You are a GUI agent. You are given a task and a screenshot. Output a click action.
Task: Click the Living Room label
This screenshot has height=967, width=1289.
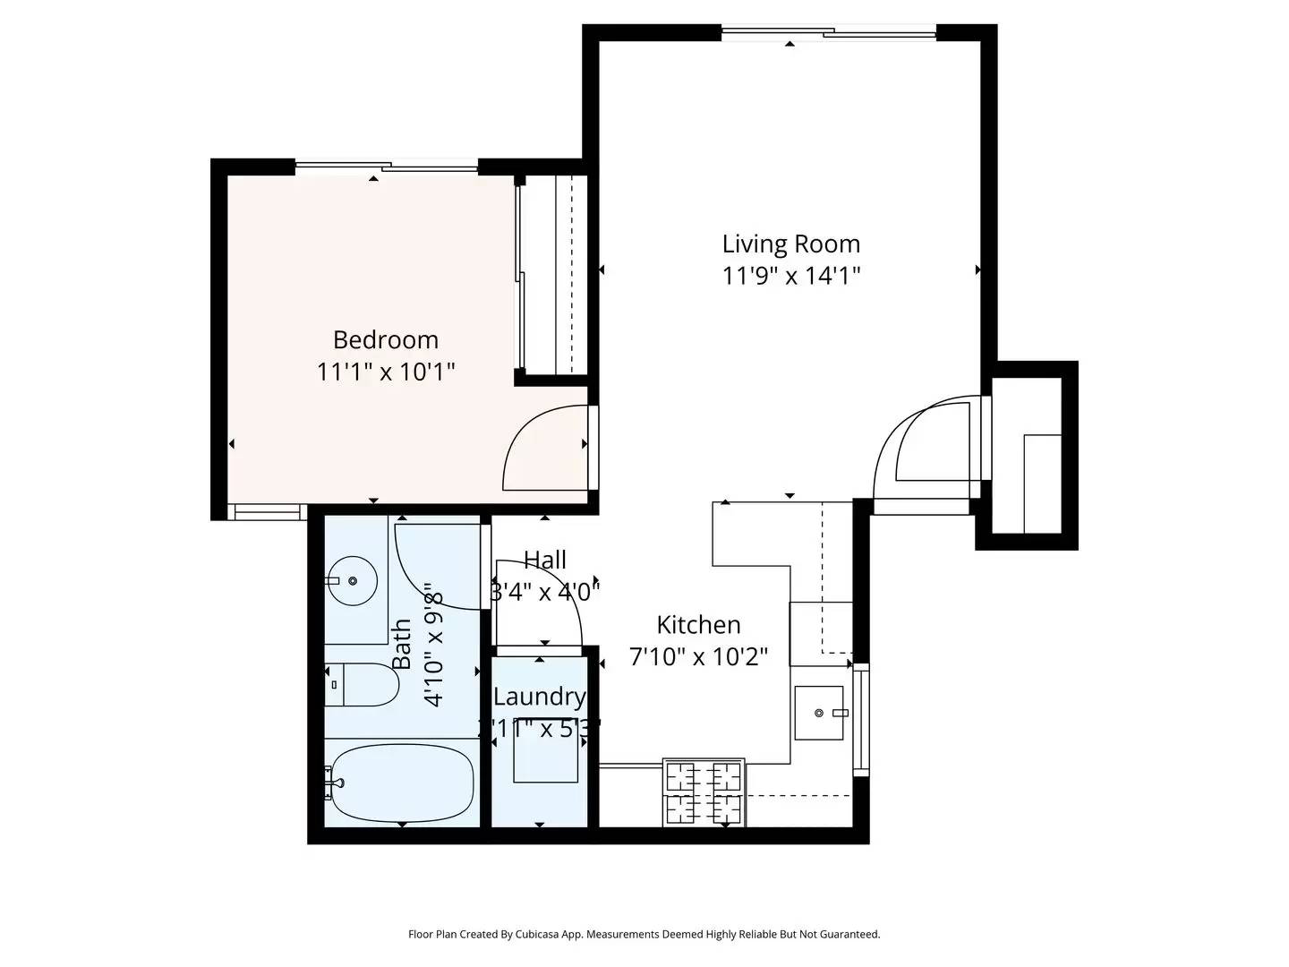(790, 244)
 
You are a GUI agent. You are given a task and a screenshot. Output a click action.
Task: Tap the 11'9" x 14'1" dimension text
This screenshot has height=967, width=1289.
(790, 275)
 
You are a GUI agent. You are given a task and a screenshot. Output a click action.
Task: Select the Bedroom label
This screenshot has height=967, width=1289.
(386, 339)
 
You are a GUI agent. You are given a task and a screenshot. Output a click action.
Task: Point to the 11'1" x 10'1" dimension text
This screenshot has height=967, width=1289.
(386, 371)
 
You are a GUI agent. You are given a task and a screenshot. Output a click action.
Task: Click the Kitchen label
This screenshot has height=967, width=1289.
(698, 624)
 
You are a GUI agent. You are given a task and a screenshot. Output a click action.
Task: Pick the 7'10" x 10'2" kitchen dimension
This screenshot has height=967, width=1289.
(698, 656)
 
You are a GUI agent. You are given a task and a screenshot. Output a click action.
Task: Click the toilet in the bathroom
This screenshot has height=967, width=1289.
(363, 685)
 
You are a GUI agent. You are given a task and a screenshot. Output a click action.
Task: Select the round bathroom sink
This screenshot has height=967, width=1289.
(352, 580)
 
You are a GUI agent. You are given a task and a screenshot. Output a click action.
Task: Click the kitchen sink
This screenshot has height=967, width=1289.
(818, 713)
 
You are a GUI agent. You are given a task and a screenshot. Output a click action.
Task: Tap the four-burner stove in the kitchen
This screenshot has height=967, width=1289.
(703, 792)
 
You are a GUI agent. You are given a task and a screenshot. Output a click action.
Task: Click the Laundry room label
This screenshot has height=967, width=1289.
(539, 696)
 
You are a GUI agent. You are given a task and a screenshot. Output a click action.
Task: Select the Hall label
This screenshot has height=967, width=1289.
(544, 560)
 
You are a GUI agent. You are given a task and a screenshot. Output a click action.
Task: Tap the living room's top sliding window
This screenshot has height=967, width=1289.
(829, 34)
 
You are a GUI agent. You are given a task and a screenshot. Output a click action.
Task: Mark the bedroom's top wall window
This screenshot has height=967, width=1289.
(387, 167)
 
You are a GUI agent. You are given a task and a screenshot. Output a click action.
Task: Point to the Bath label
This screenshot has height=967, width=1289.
(402, 644)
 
